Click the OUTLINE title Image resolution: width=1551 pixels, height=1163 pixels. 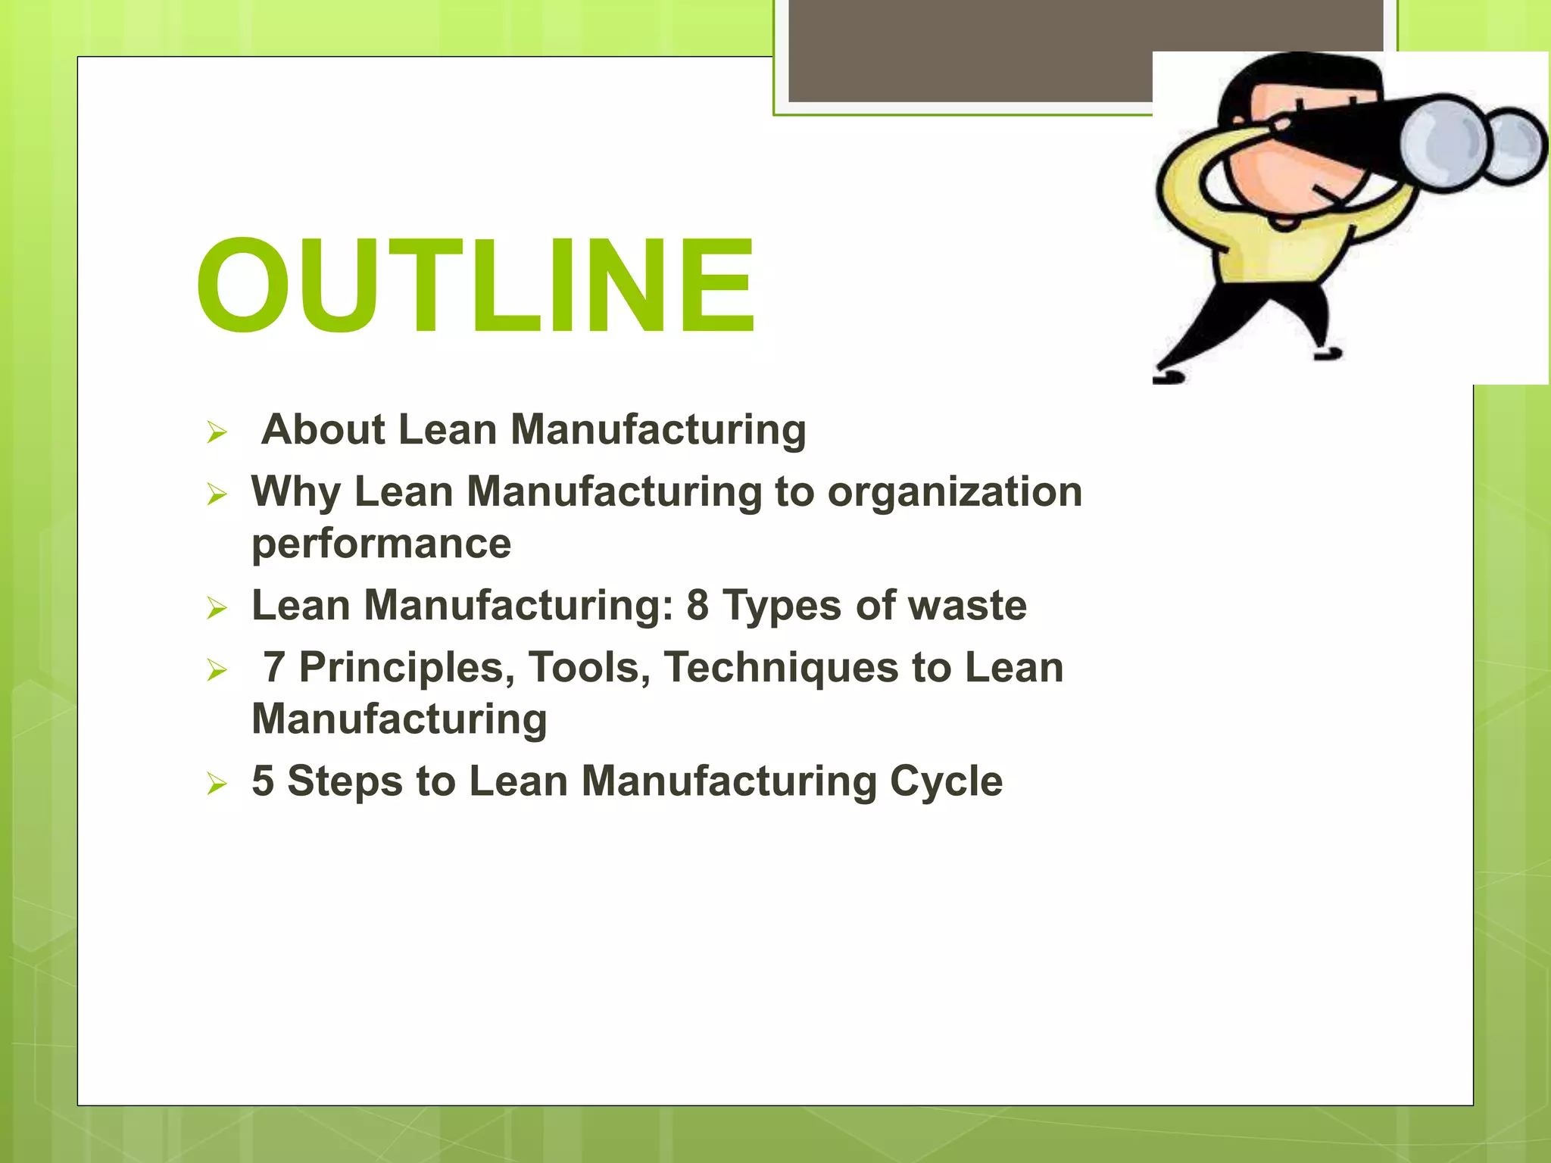[476, 285]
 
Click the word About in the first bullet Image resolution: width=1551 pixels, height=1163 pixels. [323, 429]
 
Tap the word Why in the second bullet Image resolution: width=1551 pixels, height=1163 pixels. [296, 492]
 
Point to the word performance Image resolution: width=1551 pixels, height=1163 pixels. [381, 544]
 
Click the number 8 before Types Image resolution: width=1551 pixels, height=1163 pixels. [697, 606]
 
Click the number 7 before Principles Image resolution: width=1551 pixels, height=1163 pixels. [274, 668]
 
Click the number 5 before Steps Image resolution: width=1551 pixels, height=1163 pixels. [263, 781]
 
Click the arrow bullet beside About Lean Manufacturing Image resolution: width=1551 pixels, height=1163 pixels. [217, 433]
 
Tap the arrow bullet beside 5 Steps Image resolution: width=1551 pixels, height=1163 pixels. [217, 784]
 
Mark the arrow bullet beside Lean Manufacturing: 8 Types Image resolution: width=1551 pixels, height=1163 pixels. [217, 609]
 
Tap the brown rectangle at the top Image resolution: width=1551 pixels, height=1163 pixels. [969, 49]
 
